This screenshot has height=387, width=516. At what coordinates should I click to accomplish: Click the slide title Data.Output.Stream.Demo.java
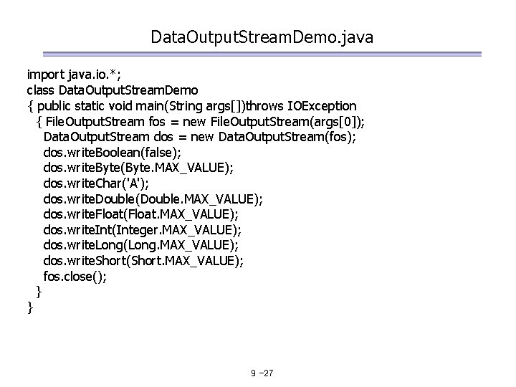point(262,37)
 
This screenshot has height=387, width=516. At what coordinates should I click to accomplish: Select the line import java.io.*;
point(70,75)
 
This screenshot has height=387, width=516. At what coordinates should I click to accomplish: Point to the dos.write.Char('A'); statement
point(97,183)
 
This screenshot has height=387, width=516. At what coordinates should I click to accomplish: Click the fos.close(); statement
point(75,277)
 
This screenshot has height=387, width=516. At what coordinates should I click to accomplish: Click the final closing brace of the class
point(29,307)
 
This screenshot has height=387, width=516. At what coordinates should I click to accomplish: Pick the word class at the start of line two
point(41,90)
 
